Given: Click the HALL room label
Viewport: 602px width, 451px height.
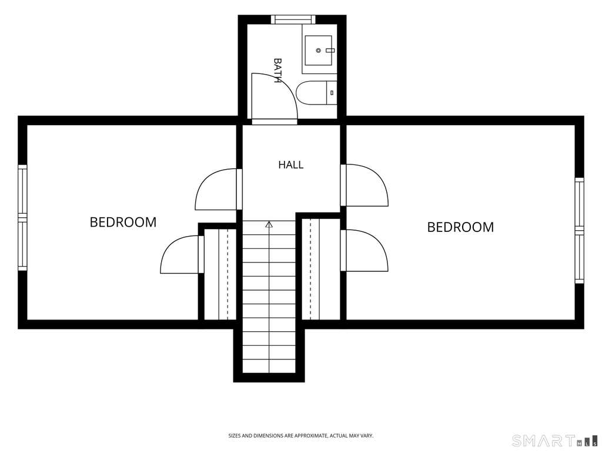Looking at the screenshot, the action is pyautogui.click(x=290, y=165).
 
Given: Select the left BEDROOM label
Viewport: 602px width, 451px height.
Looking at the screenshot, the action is pyautogui.click(x=123, y=222).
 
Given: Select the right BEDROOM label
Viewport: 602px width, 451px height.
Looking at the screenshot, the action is pyautogui.click(x=460, y=227).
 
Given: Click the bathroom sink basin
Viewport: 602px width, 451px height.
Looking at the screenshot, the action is pyautogui.click(x=318, y=51).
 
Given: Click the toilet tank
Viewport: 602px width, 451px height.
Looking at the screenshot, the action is pyautogui.click(x=332, y=93).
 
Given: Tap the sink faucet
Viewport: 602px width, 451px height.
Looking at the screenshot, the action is pyautogui.click(x=330, y=51).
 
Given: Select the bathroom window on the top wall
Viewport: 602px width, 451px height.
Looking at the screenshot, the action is pyautogui.click(x=293, y=19).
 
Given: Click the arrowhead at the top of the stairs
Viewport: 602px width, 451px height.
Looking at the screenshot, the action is pyautogui.click(x=269, y=225).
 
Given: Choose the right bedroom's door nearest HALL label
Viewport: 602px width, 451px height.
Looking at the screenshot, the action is pyautogui.click(x=364, y=185).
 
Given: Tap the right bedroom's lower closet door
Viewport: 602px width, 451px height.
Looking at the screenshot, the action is pyautogui.click(x=364, y=250).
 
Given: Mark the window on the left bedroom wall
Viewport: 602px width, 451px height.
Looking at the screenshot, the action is pyautogui.click(x=23, y=218).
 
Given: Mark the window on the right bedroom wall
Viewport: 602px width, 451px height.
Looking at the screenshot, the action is pyautogui.click(x=579, y=230).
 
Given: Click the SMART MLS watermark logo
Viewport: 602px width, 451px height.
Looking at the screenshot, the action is pyautogui.click(x=555, y=440).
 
